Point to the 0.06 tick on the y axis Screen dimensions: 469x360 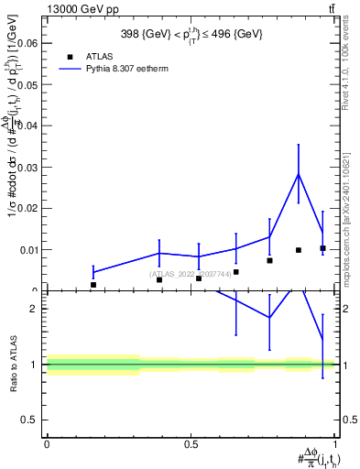pos(31,42)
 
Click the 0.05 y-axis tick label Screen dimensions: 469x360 pos(31,83)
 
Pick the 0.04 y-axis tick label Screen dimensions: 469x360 pos(31,125)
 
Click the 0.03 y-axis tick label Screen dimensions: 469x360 pos(31,167)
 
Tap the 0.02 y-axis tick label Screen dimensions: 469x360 pos(31,208)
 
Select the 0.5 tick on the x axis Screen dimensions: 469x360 pos(191,445)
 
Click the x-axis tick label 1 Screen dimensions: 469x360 pos(336,445)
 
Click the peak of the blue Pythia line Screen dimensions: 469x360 pos(299,174)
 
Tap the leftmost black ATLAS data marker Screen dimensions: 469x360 pos(93,285)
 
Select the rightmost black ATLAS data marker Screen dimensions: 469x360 pos(322,248)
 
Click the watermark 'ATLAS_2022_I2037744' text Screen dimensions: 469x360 pos(190,274)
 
